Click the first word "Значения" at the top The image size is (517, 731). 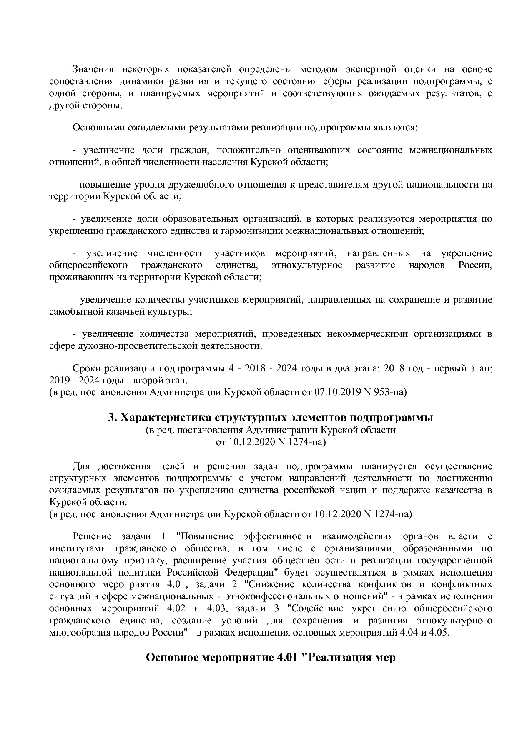(92, 69)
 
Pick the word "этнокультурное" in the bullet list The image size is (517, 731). (306, 265)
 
